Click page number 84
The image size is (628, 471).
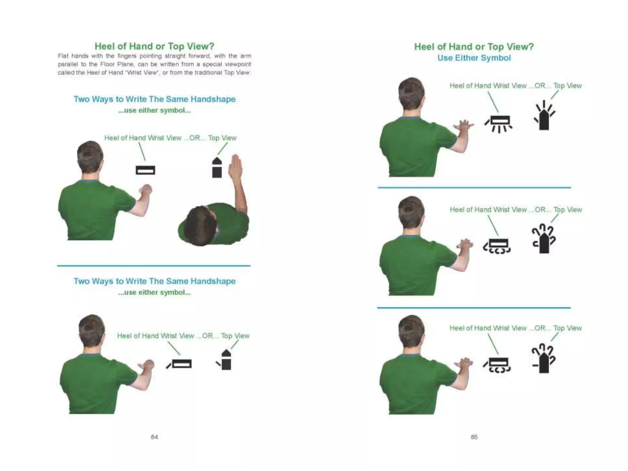(x=154, y=437)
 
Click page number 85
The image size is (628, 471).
(x=474, y=437)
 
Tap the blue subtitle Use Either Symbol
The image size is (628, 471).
(x=474, y=58)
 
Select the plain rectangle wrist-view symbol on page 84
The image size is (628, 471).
(x=145, y=170)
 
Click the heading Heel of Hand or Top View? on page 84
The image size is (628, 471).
(x=154, y=46)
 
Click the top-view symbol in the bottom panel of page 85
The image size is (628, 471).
(x=544, y=360)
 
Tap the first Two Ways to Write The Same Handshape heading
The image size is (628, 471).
(x=154, y=99)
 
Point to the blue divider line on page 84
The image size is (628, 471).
(x=154, y=266)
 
